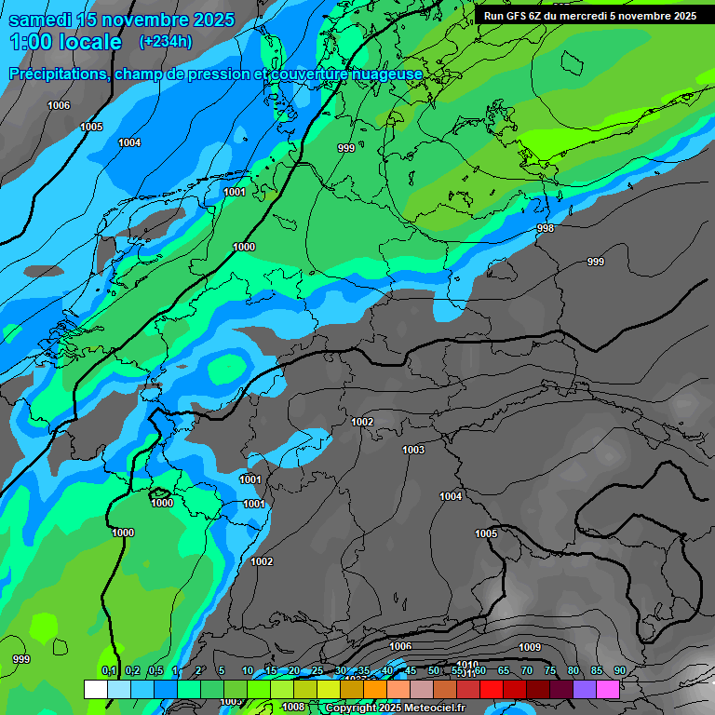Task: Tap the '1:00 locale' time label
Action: (x=65, y=42)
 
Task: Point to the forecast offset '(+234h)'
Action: (x=166, y=42)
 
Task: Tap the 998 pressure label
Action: (x=546, y=228)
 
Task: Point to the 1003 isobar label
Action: (x=413, y=450)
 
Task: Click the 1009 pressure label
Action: (x=530, y=647)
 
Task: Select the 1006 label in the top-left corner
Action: (x=59, y=105)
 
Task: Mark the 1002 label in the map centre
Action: (x=362, y=422)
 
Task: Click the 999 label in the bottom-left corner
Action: (x=20, y=659)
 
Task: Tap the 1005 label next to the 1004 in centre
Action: (x=486, y=533)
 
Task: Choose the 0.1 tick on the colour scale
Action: (x=109, y=671)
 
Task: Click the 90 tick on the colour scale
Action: (x=619, y=671)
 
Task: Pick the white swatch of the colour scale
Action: (x=95, y=689)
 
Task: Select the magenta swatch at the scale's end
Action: (x=608, y=689)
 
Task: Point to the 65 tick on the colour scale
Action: (x=503, y=671)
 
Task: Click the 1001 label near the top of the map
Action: (x=235, y=192)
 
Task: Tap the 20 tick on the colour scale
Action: (x=293, y=671)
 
